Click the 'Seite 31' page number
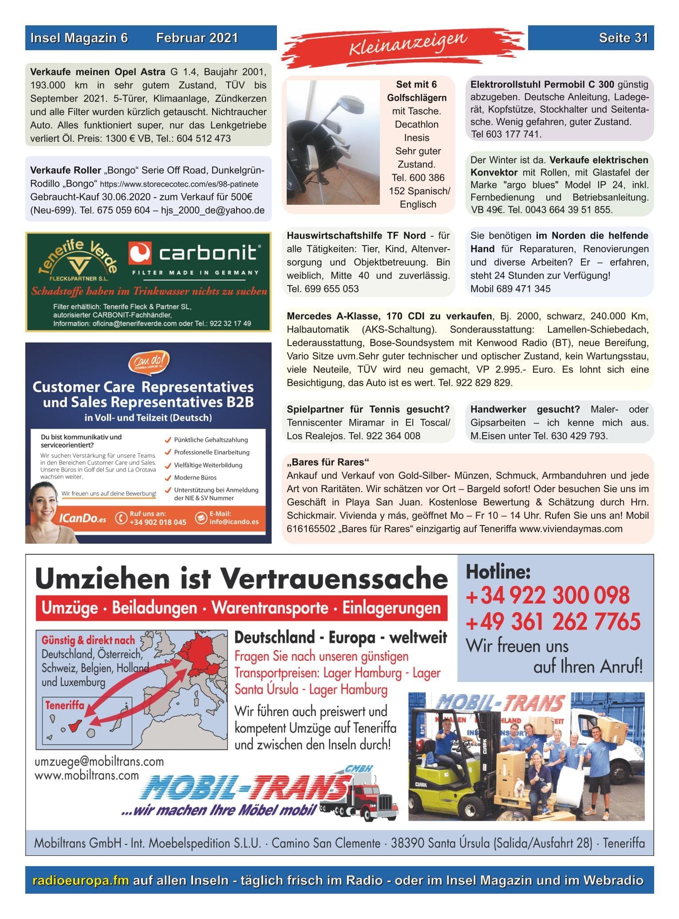click(623, 38)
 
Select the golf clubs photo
click(333, 142)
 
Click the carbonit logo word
click(208, 253)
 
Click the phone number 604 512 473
click(204, 139)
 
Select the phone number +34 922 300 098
click(547, 596)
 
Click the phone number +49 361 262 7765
click(553, 621)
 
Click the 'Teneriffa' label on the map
click(64, 705)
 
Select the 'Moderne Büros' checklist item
click(195, 477)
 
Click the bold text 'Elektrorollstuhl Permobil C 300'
click(542, 84)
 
